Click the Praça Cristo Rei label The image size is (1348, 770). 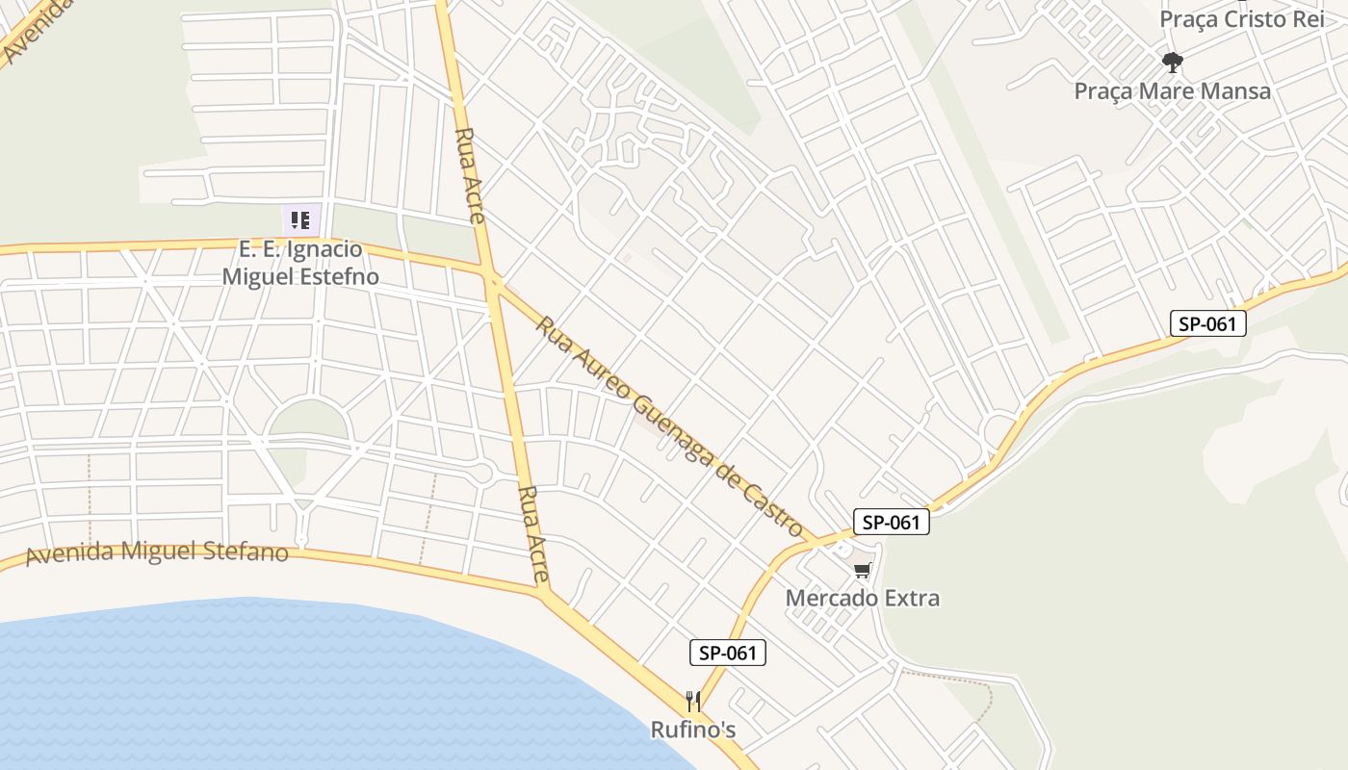[x=1242, y=19]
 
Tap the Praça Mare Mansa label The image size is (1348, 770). [x=1172, y=91]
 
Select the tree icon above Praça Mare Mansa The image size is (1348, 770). [x=1172, y=64]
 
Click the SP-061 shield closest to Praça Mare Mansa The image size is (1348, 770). [x=1207, y=323]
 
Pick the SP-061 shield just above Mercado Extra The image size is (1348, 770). [x=891, y=523]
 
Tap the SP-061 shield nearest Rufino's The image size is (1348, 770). [x=727, y=653]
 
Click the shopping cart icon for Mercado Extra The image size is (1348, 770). [x=862, y=571]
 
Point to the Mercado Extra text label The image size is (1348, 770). [x=862, y=598]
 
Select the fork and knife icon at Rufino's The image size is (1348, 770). [x=692, y=701]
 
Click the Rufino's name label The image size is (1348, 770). [x=692, y=730]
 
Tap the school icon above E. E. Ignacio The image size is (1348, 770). [x=300, y=220]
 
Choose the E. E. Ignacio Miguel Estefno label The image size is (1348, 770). [x=300, y=263]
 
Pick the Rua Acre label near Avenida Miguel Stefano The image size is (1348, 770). [x=532, y=534]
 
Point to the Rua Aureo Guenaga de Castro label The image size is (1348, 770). [x=668, y=426]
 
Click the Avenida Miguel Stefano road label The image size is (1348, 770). [x=157, y=552]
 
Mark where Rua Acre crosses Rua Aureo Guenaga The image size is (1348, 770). [x=493, y=280]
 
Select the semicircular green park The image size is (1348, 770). [x=307, y=420]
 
